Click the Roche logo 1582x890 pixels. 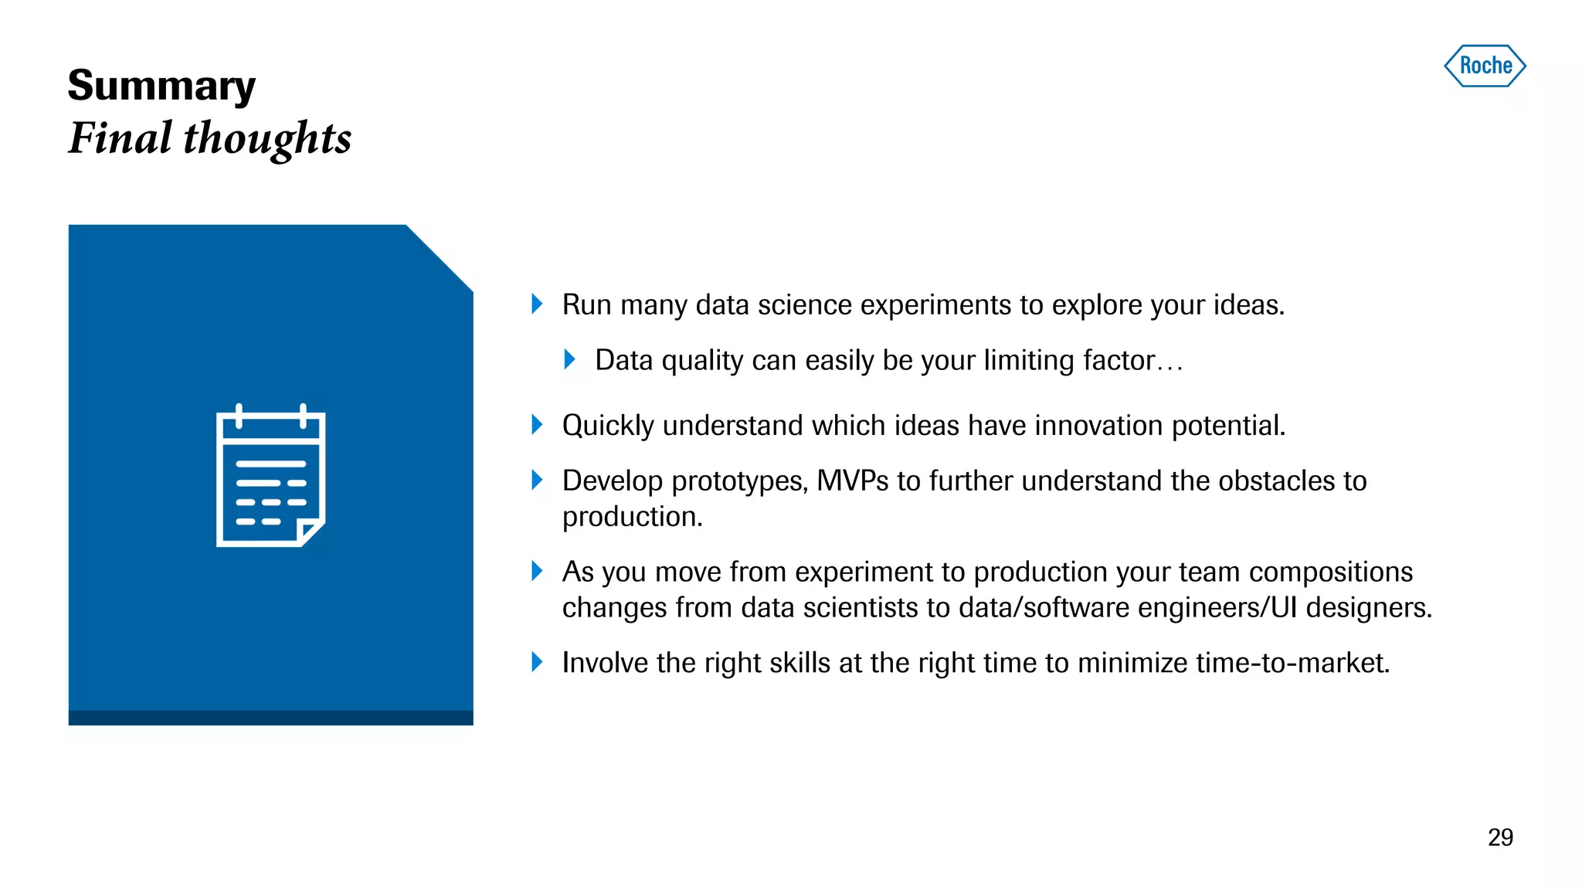[1485, 66]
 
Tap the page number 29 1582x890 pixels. [1500, 837]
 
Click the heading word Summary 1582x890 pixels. [161, 86]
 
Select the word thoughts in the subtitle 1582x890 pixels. [267, 138]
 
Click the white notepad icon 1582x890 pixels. [270, 476]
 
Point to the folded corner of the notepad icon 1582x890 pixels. [311, 532]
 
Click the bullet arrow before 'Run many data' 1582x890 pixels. [537, 304]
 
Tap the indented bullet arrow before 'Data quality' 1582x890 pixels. [569, 359]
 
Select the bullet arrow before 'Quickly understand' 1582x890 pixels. [537, 424]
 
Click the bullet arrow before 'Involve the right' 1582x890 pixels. [537, 662]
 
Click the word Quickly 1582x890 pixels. [608, 426]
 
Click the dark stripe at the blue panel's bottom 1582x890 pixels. [270, 718]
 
